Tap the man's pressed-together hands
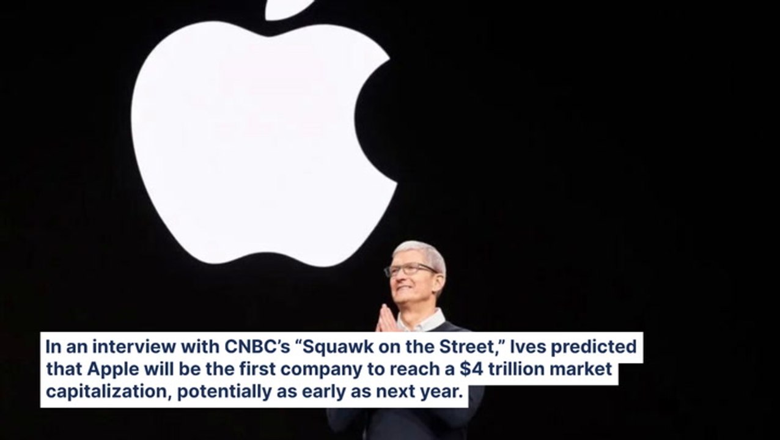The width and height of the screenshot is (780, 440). [387, 319]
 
